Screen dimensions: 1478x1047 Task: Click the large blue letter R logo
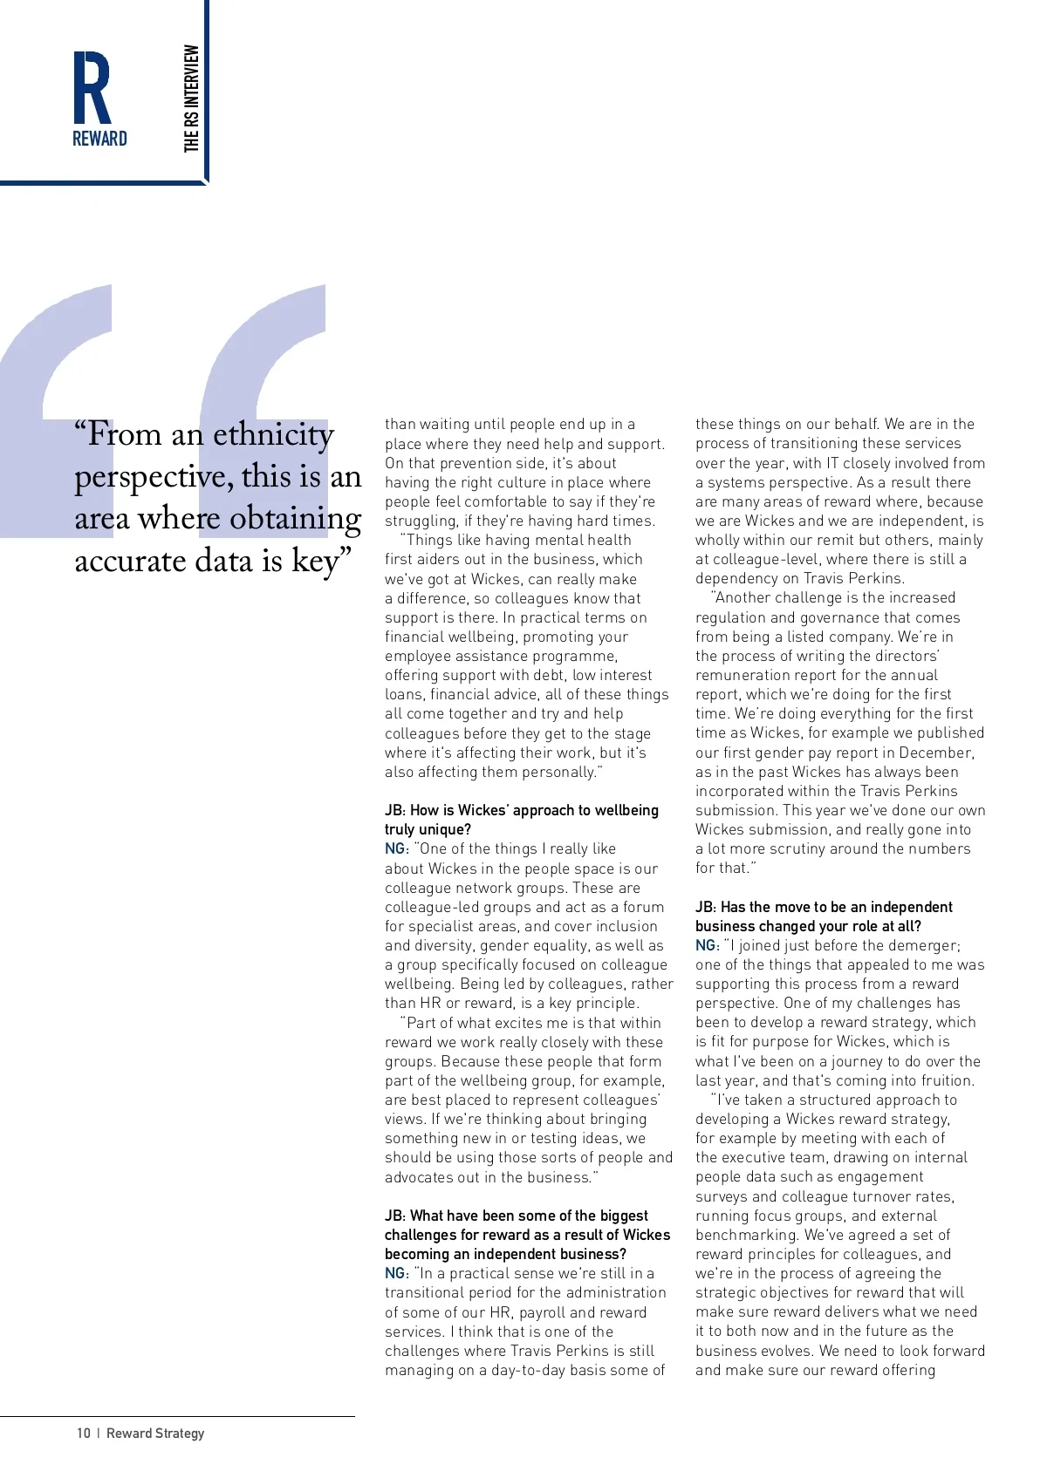[92, 87]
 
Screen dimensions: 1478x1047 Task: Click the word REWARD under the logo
[99, 139]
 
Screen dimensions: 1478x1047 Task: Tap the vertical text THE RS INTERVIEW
[192, 99]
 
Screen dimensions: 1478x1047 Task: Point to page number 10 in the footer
[84, 1433]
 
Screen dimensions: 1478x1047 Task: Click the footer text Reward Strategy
[155, 1433]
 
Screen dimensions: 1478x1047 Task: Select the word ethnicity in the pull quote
[273, 434]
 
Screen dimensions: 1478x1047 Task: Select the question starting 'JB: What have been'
[527, 1234]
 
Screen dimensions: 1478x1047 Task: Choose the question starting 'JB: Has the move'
[823, 916]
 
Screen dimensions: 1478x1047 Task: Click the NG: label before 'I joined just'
[707, 945]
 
